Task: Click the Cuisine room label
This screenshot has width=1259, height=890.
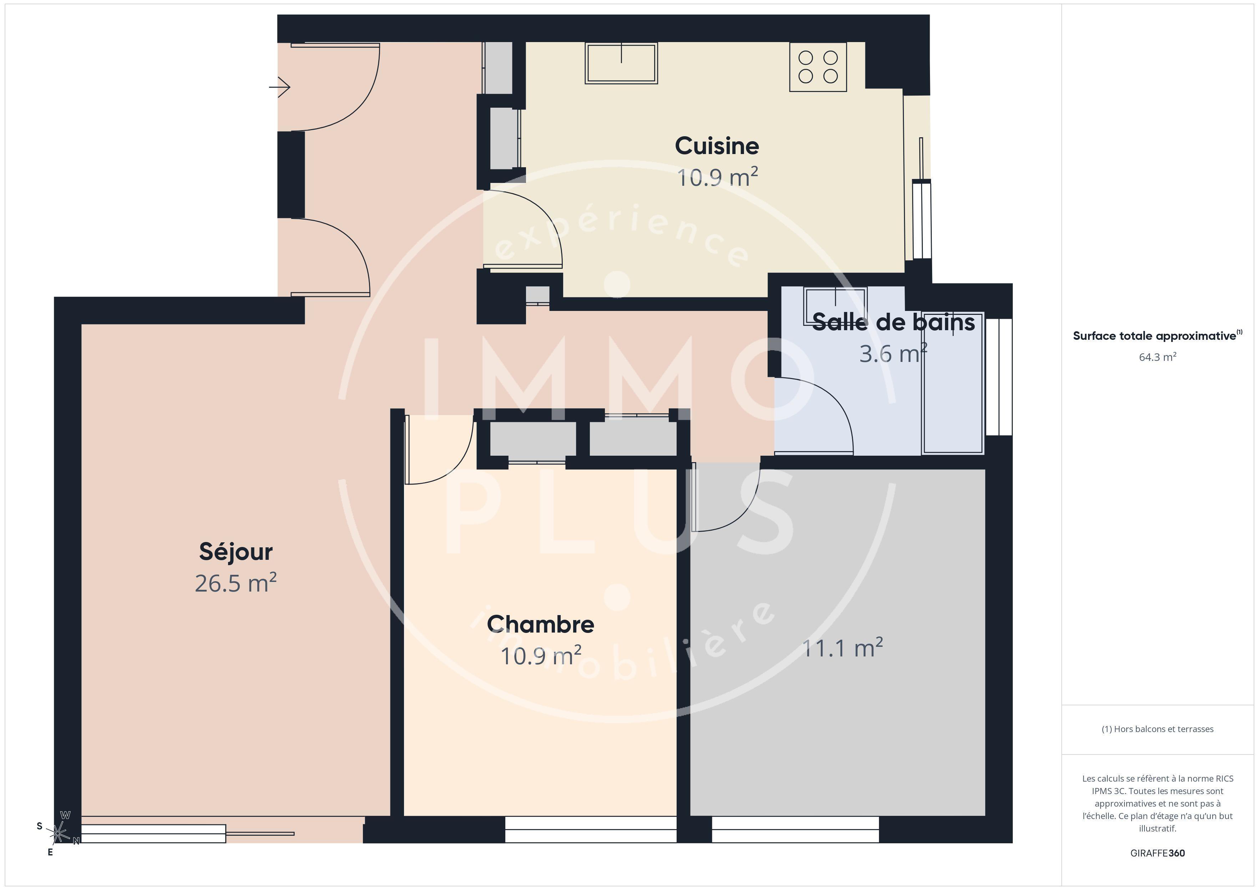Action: coord(717,146)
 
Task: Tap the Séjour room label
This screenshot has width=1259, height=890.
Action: coord(236,552)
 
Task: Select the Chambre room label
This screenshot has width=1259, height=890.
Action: coord(541,624)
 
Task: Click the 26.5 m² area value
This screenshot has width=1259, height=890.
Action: coord(236,583)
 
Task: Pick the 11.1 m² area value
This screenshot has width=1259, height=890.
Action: coord(842,648)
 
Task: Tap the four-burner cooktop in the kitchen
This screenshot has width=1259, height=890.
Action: coord(818,67)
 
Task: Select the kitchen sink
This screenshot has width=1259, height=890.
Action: coord(621,63)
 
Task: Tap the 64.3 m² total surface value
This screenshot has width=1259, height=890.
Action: coord(1158,357)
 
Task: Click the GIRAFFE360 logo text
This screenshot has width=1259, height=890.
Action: coord(1158,853)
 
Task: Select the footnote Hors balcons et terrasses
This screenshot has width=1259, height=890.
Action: coord(1158,729)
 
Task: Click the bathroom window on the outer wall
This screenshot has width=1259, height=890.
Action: coord(998,377)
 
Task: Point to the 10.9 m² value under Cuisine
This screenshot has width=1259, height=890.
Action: coord(717,178)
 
